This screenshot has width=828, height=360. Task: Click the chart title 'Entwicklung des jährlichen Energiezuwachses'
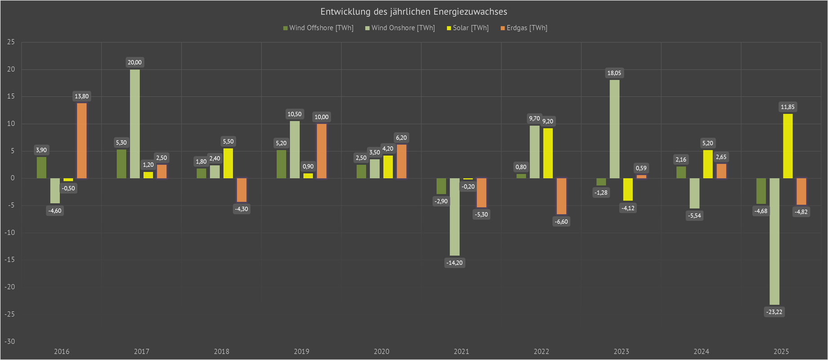pos(414,12)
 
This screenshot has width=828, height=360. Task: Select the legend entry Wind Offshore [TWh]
pos(318,28)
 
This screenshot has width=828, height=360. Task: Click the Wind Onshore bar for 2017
pos(135,124)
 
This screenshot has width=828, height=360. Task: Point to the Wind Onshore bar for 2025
pos(774,241)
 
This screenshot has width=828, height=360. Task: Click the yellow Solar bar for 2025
pos(788,146)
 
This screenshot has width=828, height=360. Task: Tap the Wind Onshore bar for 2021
pos(454,217)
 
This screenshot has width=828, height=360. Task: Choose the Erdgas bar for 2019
pos(321,151)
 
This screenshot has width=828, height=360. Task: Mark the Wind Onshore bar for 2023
pos(614,129)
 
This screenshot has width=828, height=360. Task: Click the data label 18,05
pos(614,73)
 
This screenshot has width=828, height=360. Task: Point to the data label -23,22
pos(774,312)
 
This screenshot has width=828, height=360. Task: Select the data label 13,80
pos(82,96)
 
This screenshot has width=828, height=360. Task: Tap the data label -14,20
pos(454,263)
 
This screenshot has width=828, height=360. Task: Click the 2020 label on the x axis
pos(382,351)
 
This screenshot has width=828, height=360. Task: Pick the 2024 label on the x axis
pos(701,351)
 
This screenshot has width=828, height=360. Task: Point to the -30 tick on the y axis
pos(10,342)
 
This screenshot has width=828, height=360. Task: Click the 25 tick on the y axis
pos(11,42)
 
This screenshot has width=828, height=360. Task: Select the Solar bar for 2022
pos(548,153)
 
